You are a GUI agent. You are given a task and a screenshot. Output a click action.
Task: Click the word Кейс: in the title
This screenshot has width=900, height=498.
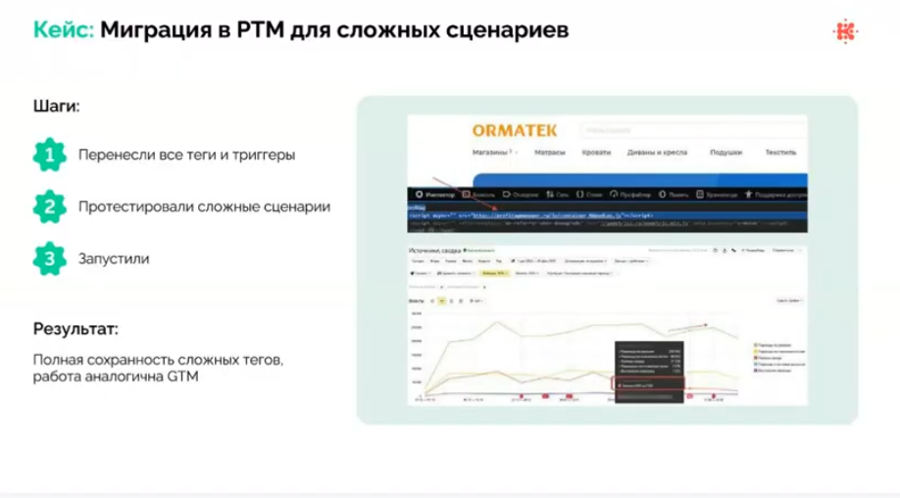pos(63,30)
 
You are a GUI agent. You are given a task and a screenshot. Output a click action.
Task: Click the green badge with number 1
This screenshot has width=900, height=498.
pos(46,155)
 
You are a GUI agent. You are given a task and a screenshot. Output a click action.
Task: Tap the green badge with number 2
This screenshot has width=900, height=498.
pos(46,207)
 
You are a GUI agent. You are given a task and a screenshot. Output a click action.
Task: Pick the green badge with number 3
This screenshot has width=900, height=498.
pos(46,260)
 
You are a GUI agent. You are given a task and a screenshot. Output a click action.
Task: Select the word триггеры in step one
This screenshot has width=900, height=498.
pos(264,156)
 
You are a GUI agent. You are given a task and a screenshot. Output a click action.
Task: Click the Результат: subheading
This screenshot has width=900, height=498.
pos(75,328)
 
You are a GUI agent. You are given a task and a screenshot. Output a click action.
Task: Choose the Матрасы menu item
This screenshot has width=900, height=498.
pos(553,154)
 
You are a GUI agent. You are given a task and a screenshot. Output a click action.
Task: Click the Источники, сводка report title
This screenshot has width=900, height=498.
pos(435,252)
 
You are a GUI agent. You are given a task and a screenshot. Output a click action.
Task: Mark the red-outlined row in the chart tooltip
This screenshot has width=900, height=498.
pos(646,385)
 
